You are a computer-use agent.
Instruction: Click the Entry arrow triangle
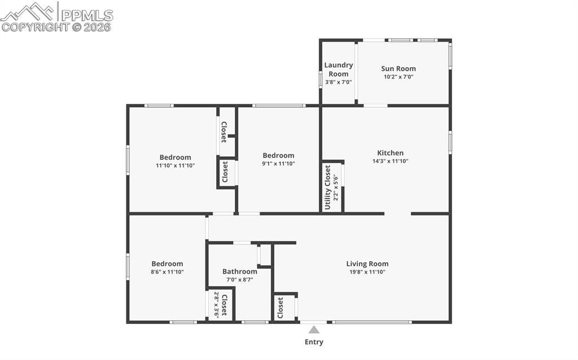(x=314, y=330)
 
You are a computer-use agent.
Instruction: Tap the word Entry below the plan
(x=314, y=342)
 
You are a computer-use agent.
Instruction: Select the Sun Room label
(x=399, y=69)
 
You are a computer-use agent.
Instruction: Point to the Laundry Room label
(x=339, y=69)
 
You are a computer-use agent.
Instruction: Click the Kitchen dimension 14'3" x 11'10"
(x=391, y=161)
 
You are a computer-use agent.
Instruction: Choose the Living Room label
(x=367, y=264)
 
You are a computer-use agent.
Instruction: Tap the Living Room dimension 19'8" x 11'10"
(x=367, y=272)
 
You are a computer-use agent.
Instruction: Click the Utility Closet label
(x=328, y=187)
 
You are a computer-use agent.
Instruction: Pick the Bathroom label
(x=240, y=271)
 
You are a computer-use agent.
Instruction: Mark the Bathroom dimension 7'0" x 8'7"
(x=240, y=280)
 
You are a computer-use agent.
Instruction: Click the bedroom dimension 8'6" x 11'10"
(x=167, y=272)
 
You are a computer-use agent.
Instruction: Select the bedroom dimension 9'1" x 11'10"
(x=278, y=164)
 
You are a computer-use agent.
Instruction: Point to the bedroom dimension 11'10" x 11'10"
(x=175, y=165)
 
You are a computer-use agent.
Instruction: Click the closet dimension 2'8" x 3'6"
(x=216, y=305)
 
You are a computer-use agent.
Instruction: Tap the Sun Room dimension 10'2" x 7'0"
(x=399, y=77)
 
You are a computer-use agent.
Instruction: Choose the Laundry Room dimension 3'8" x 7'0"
(x=339, y=82)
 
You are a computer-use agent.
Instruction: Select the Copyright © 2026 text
(x=56, y=27)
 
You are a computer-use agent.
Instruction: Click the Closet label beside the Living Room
(x=281, y=308)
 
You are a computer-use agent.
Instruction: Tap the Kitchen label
(x=391, y=153)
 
